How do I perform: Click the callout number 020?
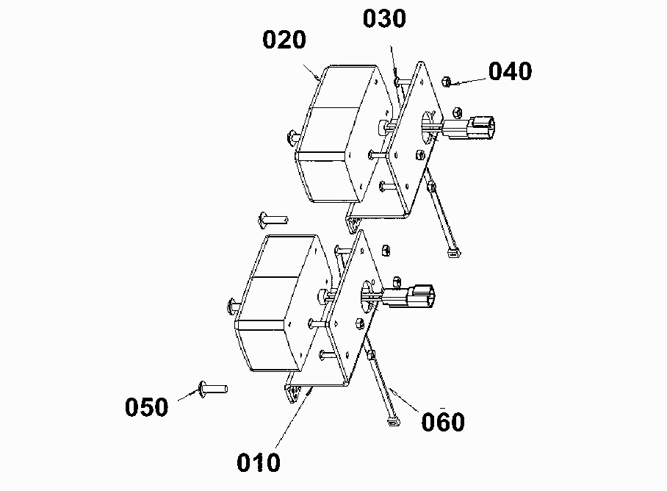[x=284, y=40]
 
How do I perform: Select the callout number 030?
[x=384, y=18]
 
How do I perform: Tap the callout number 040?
[x=510, y=71]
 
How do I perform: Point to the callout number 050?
[x=147, y=406]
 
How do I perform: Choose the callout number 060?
[x=443, y=422]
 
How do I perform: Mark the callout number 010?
[x=259, y=462]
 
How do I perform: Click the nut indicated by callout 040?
[x=446, y=82]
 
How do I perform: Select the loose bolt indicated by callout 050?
[x=213, y=389]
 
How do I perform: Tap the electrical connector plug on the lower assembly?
[x=408, y=295]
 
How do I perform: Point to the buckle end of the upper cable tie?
[x=454, y=253]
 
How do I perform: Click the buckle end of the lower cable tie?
[x=394, y=422]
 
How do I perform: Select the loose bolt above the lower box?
[x=273, y=220]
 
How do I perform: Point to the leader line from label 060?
[x=404, y=401]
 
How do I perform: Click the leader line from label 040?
[x=467, y=82]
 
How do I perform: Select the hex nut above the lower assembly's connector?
[x=386, y=251]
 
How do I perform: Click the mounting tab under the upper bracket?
[x=352, y=223]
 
